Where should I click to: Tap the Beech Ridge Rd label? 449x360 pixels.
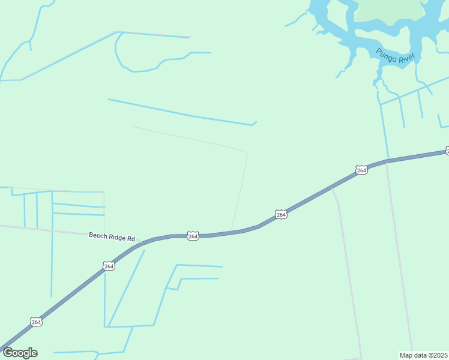pyautogui.click(x=112, y=236)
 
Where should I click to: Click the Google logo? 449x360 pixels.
pyautogui.click(x=20, y=353)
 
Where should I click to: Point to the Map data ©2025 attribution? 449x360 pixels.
pyautogui.click(x=424, y=355)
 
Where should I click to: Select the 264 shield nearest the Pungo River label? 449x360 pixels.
pyautogui.click(x=361, y=170)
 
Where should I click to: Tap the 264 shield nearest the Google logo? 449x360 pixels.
pyautogui.click(x=37, y=322)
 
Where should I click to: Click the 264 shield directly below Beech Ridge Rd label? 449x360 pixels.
pyautogui.click(x=108, y=266)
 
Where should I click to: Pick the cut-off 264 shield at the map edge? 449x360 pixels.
pyautogui.click(x=447, y=150)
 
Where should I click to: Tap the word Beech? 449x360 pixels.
pyautogui.click(x=98, y=236)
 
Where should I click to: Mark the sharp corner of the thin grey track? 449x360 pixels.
pyautogui.click(x=247, y=153)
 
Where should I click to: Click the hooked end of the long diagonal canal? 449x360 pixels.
pyautogui.click(x=255, y=122)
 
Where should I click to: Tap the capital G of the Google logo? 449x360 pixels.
pyautogui.click(x=8, y=353)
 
